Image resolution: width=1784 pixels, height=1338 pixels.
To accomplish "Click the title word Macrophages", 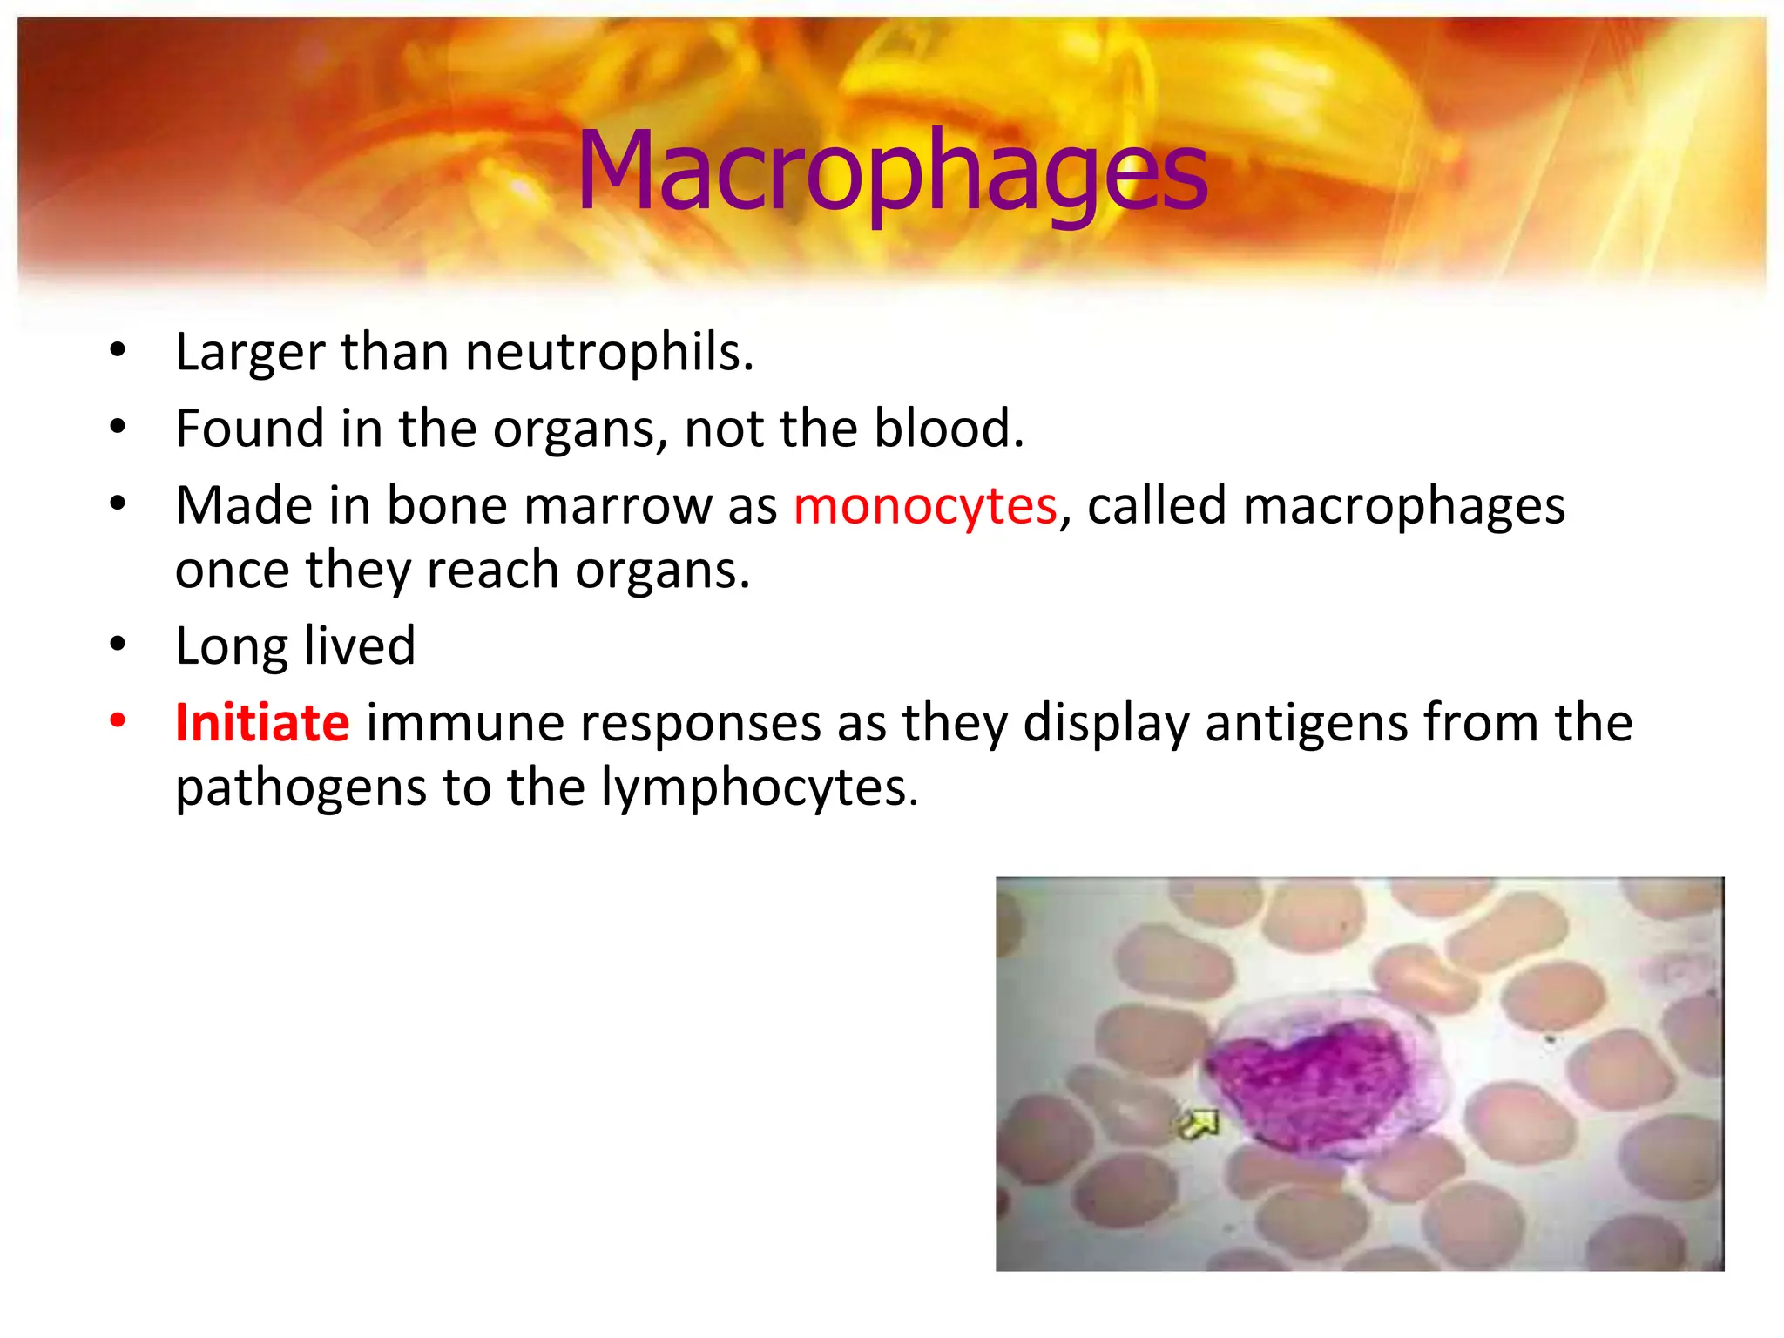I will pyautogui.click(x=892, y=171).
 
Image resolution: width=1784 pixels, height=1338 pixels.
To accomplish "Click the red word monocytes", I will pyautogui.click(x=925, y=506).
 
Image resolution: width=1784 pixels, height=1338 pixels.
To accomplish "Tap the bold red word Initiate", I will pyautogui.click(x=262, y=723).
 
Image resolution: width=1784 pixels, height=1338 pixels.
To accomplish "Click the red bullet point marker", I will pyautogui.click(x=118, y=721).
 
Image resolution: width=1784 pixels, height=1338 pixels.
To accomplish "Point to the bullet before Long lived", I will pyautogui.click(x=118, y=645).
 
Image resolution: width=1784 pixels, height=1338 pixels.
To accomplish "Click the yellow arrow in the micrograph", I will pyautogui.click(x=1199, y=1124).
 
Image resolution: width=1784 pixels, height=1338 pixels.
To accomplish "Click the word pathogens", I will pyautogui.click(x=301, y=789).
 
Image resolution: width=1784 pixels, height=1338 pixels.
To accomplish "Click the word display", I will pyautogui.click(x=1105, y=725).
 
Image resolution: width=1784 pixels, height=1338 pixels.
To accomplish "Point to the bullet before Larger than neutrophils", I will pyautogui.click(x=118, y=351).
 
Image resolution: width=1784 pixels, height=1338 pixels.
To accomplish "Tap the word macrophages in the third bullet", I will pyautogui.click(x=1403, y=506).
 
